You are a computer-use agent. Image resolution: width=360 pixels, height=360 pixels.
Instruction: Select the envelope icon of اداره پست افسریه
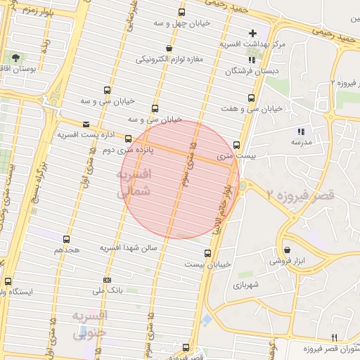pyautogui.click(x=86, y=124)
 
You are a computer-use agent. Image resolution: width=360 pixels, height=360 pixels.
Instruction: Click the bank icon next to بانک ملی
pyautogui.click(x=106, y=279)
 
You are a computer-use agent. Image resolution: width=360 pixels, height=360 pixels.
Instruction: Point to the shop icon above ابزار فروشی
pyautogui.click(x=288, y=250)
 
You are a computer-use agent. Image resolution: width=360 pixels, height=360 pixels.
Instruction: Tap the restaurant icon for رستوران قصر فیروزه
pyautogui.click(x=335, y=337)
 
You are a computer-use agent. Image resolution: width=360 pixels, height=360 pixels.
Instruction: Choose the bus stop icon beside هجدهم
pyautogui.click(x=67, y=240)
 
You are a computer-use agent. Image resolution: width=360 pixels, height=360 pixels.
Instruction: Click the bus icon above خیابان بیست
pyautogui.click(x=207, y=253)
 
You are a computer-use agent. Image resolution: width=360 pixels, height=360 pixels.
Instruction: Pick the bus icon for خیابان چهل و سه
pyautogui.click(x=182, y=13)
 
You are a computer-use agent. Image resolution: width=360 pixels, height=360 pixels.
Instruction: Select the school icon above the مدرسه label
pyautogui.click(x=302, y=131)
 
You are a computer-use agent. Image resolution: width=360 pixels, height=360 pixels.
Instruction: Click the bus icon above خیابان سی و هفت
pyautogui.click(x=251, y=98)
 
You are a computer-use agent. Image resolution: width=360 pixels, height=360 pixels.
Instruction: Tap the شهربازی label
pyautogui.click(x=246, y=285)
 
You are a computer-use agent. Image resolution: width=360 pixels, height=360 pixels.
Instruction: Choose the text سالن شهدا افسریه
pyautogui.click(x=131, y=248)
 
